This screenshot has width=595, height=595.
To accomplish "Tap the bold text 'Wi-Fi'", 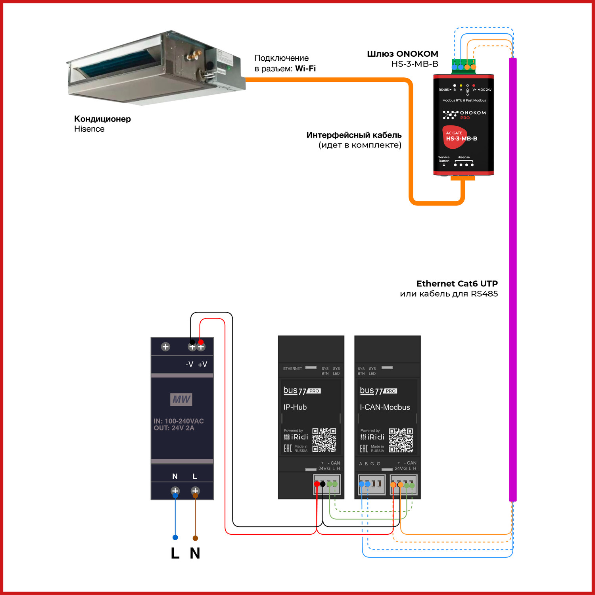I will [x=305, y=69].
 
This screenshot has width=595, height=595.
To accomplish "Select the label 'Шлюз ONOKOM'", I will [x=402, y=54].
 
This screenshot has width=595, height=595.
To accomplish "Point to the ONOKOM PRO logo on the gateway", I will [x=464, y=115].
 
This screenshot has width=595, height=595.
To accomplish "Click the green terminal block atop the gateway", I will [x=463, y=63].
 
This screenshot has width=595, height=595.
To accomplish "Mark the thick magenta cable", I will [x=512, y=278].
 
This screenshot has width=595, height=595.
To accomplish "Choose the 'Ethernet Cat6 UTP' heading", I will [x=457, y=284].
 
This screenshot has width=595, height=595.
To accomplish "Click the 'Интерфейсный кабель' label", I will [x=354, y=135].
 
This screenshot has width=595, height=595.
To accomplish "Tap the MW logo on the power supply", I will [x=181, y=399].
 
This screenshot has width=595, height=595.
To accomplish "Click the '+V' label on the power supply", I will [x=202, y=365].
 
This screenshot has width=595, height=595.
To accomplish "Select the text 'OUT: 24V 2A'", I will [x=174, y=428].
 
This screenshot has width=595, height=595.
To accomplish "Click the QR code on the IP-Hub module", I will [x=324, y=440].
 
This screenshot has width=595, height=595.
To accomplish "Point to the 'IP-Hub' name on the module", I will [x=295, y=407].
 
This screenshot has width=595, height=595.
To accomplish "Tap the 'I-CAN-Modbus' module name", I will [x=385, y=407].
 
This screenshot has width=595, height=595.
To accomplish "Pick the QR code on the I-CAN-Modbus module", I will [x=401, y=440].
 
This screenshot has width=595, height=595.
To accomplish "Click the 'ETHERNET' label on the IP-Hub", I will [x=292, y=369].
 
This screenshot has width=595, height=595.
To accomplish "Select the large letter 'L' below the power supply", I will [x=175, y=553].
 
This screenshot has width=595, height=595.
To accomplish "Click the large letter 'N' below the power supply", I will [x=195, y=553].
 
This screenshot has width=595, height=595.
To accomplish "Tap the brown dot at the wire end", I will [x=195, y=538].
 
